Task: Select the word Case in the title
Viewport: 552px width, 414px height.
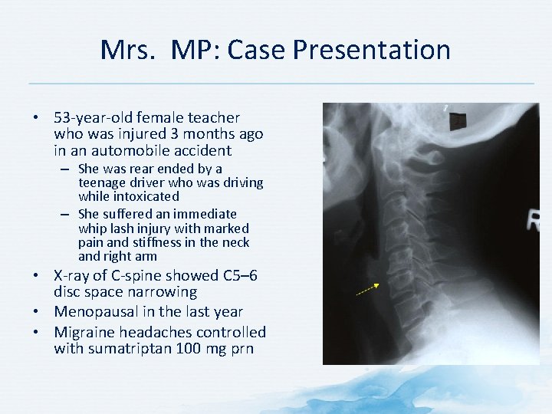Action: [x=255, y=51]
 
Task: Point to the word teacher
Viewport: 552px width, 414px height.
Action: [x=212, y=118]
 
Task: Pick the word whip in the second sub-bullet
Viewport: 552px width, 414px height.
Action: [x=91, y=228]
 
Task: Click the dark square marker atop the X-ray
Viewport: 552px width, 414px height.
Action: [x=458, y=121]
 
